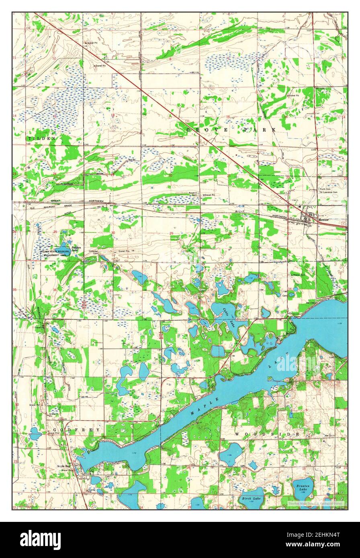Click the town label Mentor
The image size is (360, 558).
pos(323,220)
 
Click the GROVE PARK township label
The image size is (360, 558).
pos(231,130)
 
